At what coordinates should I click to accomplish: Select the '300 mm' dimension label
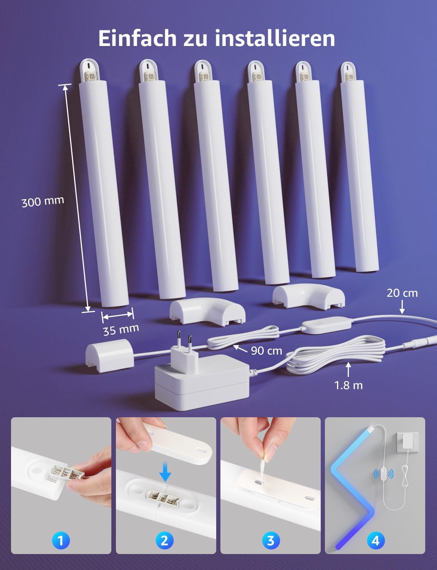pos(43,201)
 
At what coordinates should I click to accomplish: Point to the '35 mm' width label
pos(121,329)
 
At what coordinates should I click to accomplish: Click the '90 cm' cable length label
pos(266,350)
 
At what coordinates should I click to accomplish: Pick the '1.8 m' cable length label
pos(348,385)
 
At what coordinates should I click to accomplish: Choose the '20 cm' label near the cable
pos(402,293)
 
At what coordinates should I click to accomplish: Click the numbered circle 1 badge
pos(60,540)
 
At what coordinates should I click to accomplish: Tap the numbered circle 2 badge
pos(165,540)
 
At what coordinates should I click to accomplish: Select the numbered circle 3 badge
pos(271,540)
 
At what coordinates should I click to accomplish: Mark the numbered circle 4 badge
pos(375,540)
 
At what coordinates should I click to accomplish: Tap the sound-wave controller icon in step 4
pos(383,474)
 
